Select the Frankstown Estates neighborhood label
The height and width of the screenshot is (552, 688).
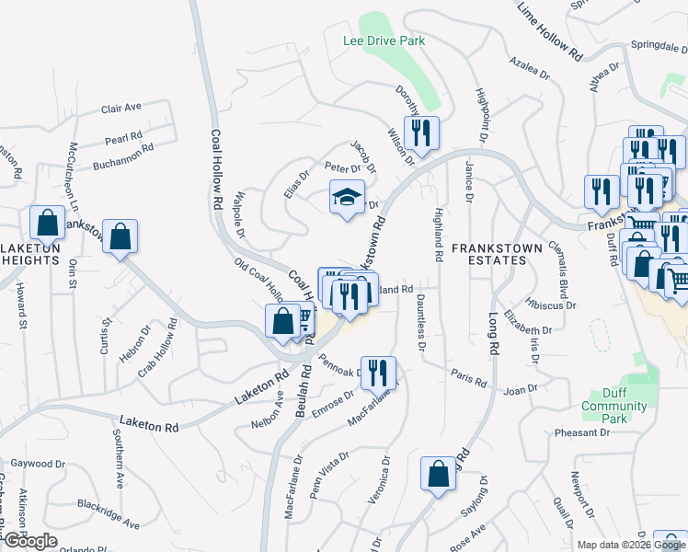488,254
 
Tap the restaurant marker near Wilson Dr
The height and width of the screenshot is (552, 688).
420,133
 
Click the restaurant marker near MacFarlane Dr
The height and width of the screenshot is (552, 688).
378,373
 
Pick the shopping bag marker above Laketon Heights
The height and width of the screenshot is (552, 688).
47,224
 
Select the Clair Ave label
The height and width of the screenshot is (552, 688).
121,108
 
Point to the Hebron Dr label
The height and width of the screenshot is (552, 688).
137,338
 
